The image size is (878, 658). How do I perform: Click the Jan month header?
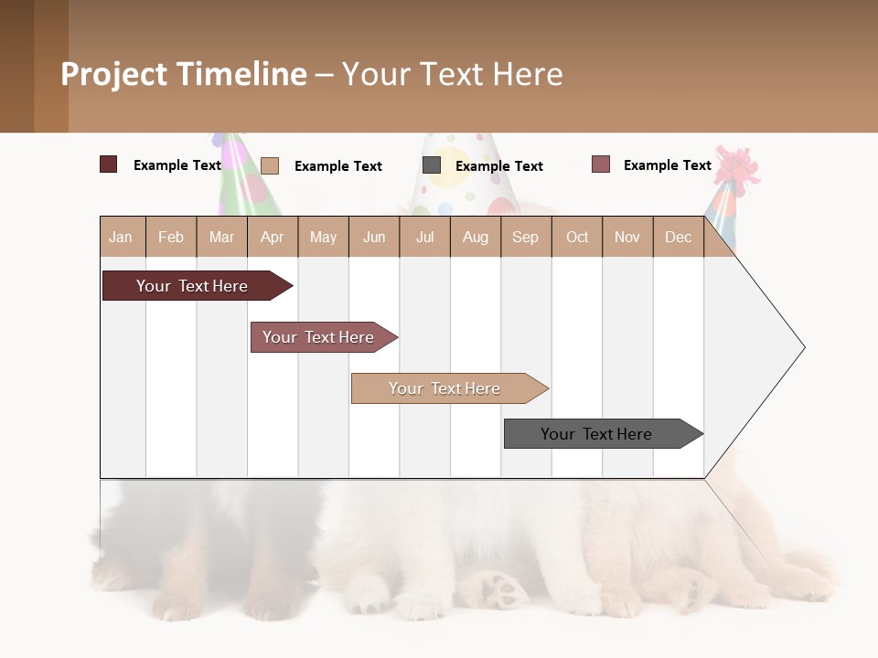point(122,237)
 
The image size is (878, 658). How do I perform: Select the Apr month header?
point(273,237)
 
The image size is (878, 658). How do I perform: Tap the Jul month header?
point(425,237)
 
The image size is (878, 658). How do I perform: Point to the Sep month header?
point(526,237)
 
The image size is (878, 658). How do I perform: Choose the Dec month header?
point(678,237)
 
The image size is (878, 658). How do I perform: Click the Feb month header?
point(171,237)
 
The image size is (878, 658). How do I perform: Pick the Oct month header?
point(577,237)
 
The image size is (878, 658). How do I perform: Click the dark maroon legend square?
point(108,164)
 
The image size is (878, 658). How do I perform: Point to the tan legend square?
point(269,165)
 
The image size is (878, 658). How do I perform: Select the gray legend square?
point(432,165)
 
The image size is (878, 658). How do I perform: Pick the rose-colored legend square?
point(600,164)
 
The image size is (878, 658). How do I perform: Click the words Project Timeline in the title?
point(184,74)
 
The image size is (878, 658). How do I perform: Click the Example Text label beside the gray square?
point(498,166)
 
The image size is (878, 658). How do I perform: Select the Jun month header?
point(374,237)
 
